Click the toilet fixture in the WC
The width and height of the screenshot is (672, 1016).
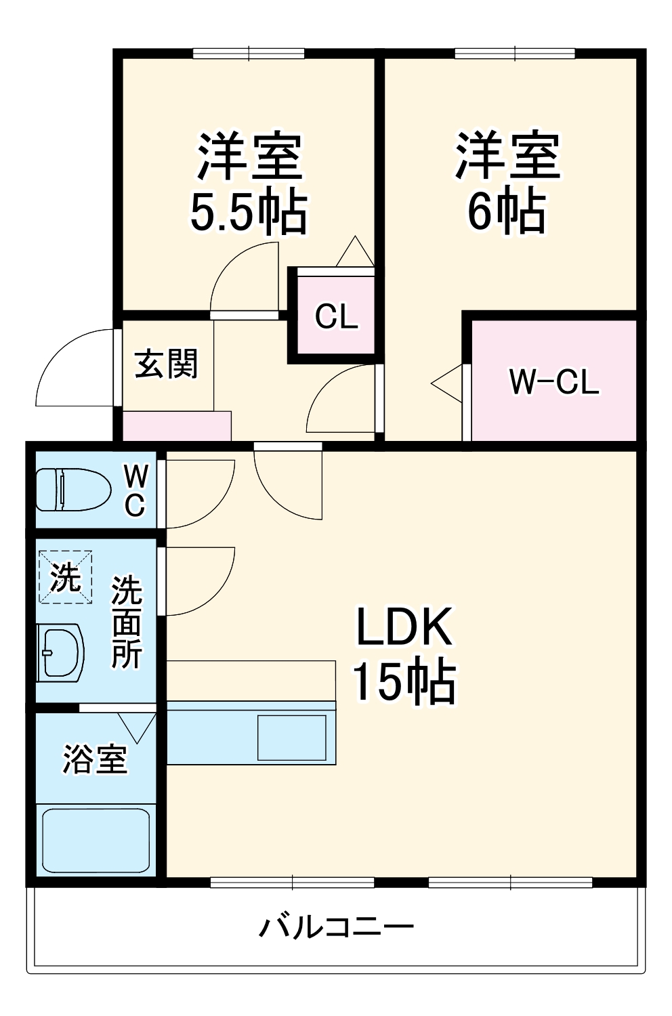tap(72, 490)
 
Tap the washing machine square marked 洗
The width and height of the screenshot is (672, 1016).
tap(65, 576)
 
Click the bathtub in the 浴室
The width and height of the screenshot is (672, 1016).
tap(96, 840)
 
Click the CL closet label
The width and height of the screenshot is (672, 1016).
tap(336, 316)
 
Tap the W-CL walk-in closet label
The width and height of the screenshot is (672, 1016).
tap(553, 382)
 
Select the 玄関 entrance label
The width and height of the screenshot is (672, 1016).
tap(167, 364)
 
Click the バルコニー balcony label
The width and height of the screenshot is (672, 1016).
tap(336, 926)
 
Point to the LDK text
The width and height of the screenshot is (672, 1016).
tap(404, 627)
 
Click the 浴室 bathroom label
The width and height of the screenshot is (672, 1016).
tap(95, 759)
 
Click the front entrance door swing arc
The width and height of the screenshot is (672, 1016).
tap(71, 369)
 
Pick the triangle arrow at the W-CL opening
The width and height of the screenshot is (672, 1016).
tap(447, 385)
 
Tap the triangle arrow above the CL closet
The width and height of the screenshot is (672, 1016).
tap(354, 252)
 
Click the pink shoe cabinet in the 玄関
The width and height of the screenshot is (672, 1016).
tap(177, 426)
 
